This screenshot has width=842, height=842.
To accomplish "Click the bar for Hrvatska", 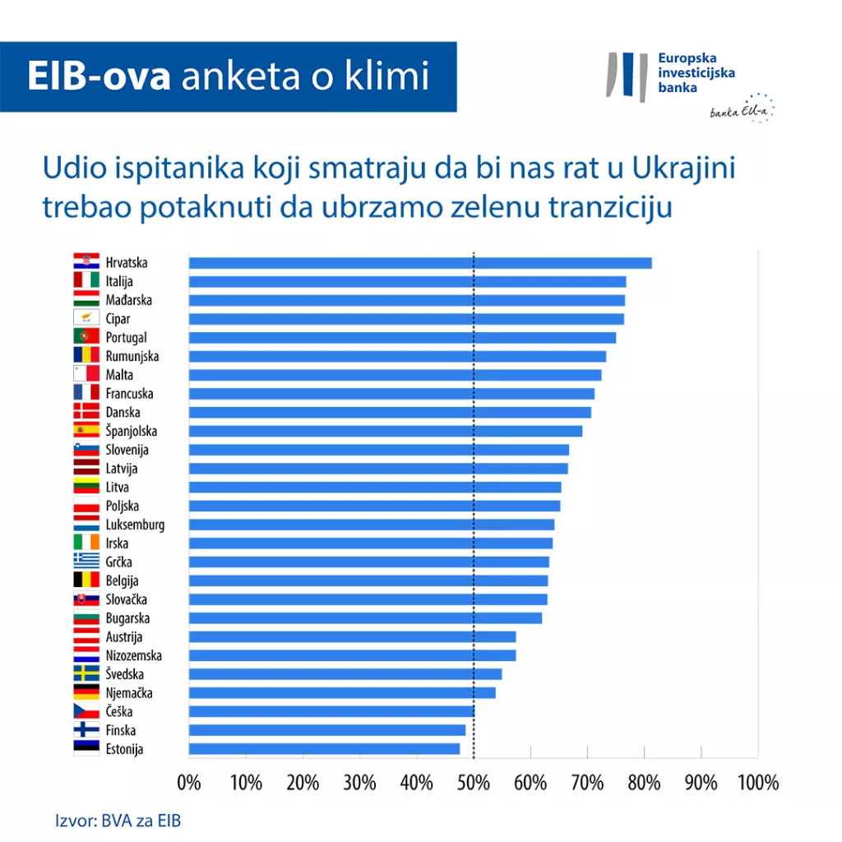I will (x=419, y=263).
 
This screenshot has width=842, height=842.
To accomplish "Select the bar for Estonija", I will (x=324, y=749).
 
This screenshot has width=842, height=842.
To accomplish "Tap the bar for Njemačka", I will (x=342, y=693).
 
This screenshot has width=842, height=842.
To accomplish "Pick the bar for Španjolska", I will (x=385, y=431).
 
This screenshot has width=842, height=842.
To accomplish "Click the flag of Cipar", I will (x=86, y=318).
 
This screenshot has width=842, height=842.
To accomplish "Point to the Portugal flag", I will (x=86, y=337).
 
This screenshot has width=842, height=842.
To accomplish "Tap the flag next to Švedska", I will (x=86, y=674).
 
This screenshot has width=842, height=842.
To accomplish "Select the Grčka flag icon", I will (x=86, y=562).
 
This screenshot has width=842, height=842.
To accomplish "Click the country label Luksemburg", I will (x=135, y=525).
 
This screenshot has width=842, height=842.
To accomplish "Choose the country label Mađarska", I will (x=129, y=300).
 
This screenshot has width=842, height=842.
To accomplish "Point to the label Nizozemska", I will (x=134, y=655).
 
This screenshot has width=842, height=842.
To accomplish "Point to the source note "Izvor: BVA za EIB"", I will (x=118, y=821).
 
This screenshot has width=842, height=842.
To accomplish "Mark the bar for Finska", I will (x=327, y=730).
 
